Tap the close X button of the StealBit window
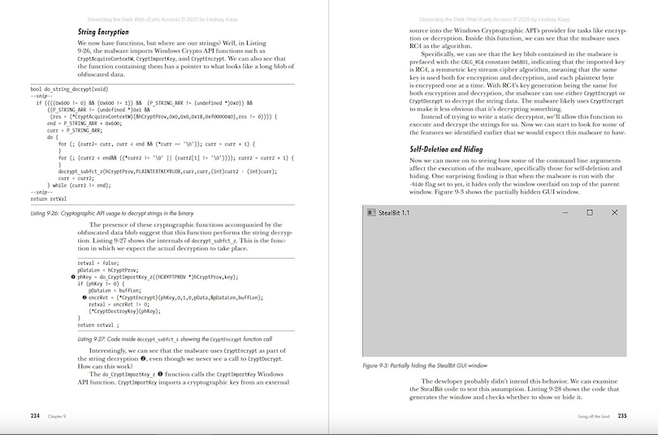[614, 212]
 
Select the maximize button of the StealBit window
[590, 212]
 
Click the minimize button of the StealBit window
[565, 212]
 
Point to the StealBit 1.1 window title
[394, 212]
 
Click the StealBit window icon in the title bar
[371, 212]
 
